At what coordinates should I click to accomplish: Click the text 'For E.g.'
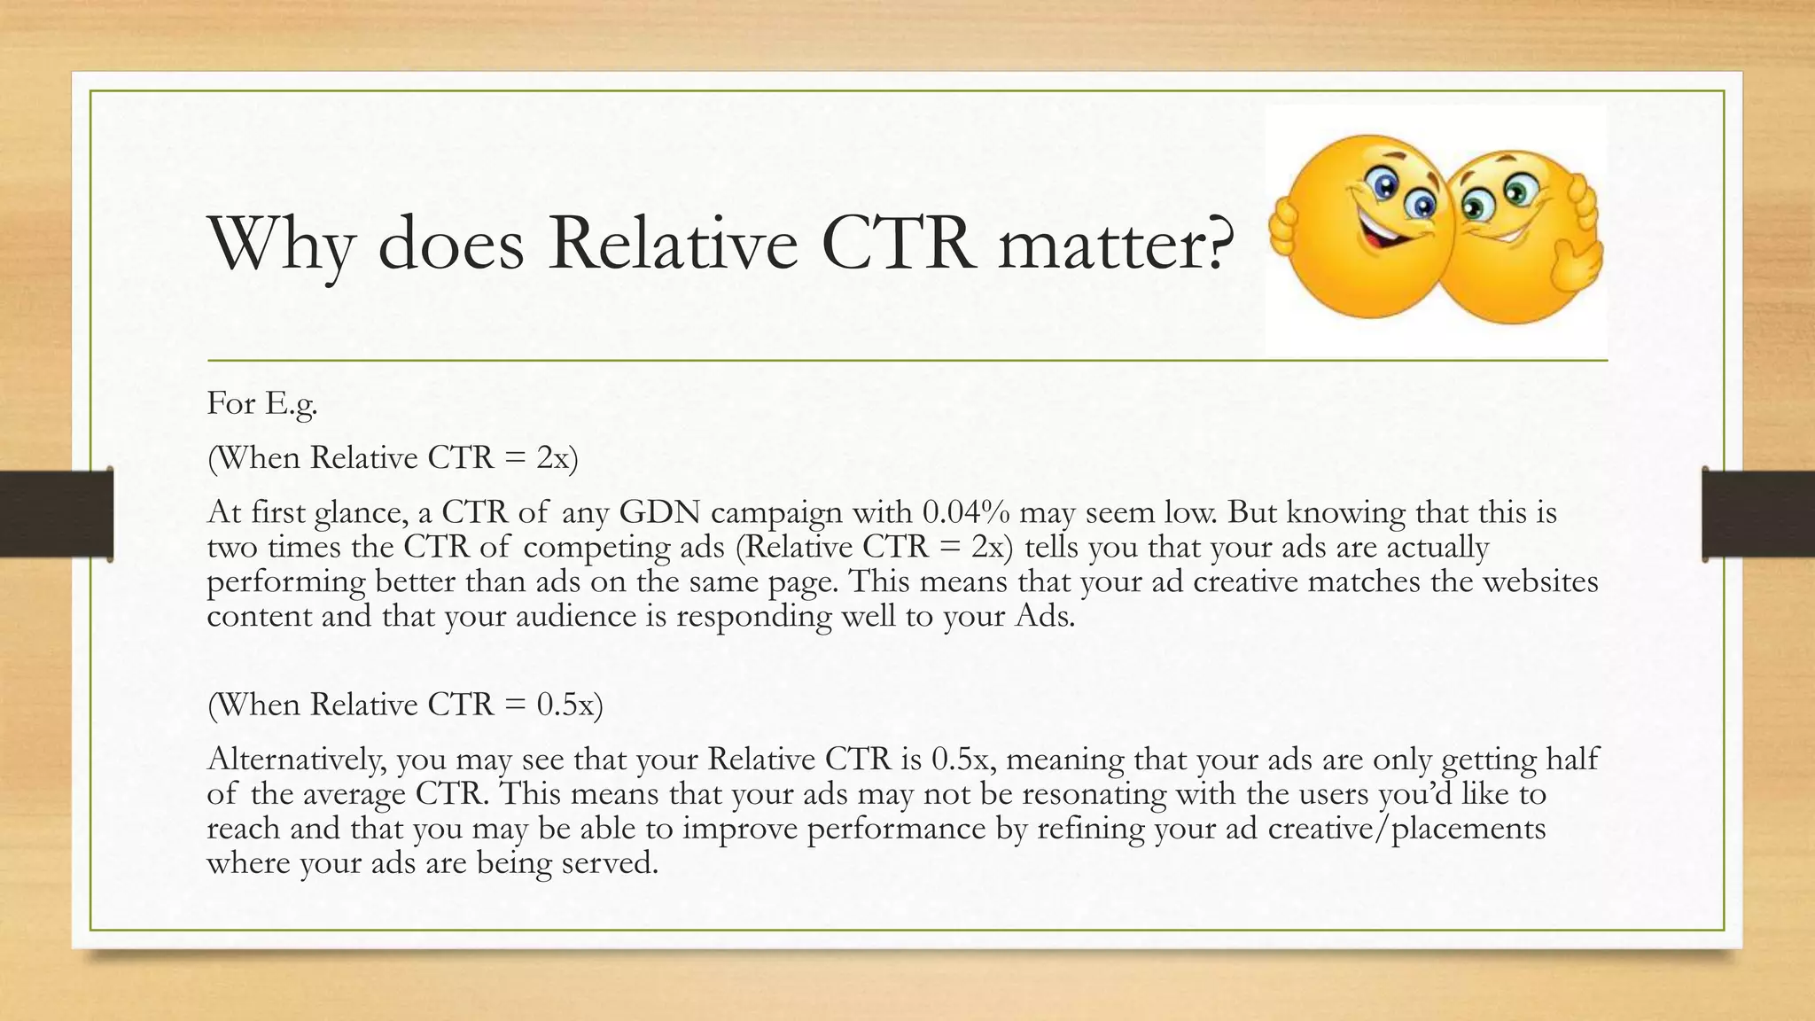point(262,404)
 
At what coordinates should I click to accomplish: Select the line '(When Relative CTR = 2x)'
point(393,458)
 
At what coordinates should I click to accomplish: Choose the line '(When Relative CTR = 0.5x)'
point(405,705)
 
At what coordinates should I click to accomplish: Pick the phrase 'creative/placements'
point(1406,828)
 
